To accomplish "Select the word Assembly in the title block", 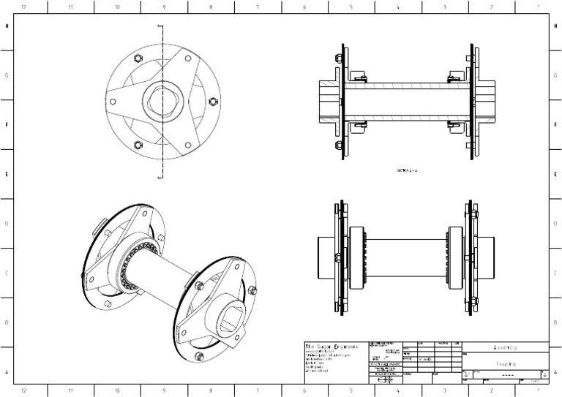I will (x=505, y=347).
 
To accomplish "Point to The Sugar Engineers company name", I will (x=331, y=347).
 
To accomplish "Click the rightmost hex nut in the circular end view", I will (x=213, y=101).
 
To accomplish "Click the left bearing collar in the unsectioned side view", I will (x=356, y=251).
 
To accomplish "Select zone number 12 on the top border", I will (x=24, y=7).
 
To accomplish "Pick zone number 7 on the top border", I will (x=258, y=7).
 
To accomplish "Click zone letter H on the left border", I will (x=7, y=26).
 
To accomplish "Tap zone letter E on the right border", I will (x=555, y=174).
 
